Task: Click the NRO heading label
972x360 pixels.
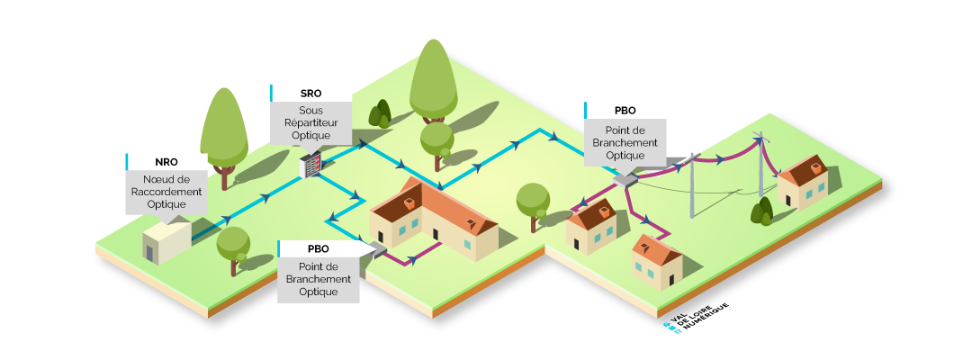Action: pos(166,162)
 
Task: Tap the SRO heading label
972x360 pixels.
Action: pos(310,94)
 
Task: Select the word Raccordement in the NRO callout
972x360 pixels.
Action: pos(166,192)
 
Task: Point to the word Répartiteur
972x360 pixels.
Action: pos(310,123)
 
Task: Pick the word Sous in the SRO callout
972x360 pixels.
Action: pos(310,111)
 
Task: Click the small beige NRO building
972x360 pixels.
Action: pos(166,241)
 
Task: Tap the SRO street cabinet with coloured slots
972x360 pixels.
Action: pos(310,165)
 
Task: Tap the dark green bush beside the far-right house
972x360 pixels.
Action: pos(762,212)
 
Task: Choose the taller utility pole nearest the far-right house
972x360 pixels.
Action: pos(761,166)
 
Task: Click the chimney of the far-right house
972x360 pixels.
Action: pos(815,166)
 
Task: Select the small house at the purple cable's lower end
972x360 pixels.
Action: pos(656,261)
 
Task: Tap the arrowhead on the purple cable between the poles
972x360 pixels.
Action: pos(720,160)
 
